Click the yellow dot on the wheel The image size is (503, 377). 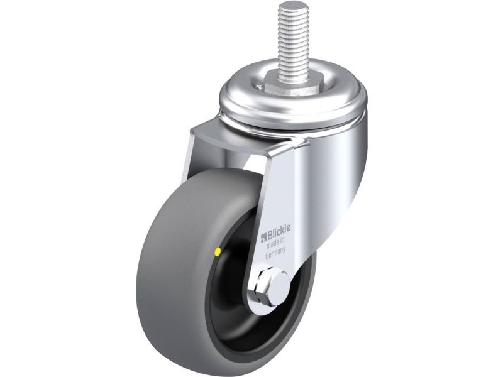218,252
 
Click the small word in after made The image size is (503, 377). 283,240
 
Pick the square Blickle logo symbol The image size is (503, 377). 263,238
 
